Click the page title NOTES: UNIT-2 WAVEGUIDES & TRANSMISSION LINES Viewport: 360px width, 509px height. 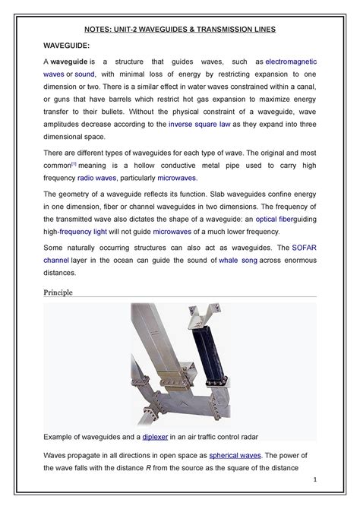pyautogui.click(x=180, y=28)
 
